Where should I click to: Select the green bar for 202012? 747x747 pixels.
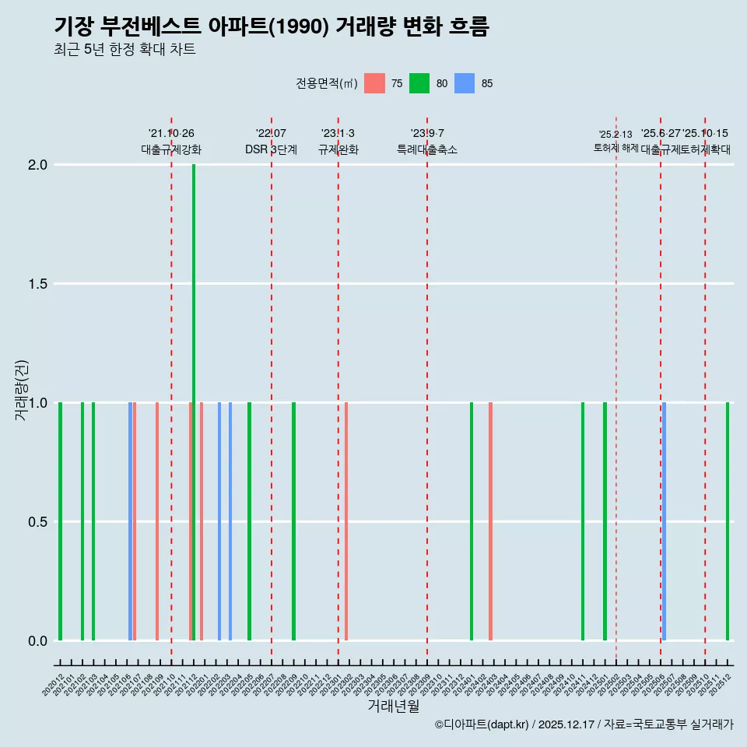click(x=60, y=521)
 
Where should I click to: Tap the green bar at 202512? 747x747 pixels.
click(x=728, y=521)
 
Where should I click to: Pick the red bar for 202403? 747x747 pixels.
click(x=490, y=521)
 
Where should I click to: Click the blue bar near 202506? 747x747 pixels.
click(x=664, y=521)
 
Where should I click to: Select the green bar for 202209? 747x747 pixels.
click(x=293, y=521)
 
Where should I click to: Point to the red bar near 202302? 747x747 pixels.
click(x=346, y=521)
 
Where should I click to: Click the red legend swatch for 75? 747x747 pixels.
click(x=375, y=83)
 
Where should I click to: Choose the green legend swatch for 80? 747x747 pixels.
click(x=419, y=83)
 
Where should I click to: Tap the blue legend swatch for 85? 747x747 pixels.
click(x=465, y=83)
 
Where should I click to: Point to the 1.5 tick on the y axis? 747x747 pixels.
click(x=37, y=284)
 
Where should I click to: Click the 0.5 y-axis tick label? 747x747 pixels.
click(x=37, y=522)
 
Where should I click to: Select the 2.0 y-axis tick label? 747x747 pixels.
click(x=37, y=165)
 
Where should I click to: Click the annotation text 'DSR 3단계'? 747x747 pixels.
click(x=271, y=149)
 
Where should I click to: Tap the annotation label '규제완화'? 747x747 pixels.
click(x=338, y=149)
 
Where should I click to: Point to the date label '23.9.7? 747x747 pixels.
click(x=427, y=134)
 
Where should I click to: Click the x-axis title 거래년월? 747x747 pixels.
click(x=393, y=707)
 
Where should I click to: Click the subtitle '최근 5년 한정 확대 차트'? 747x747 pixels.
click(x=124, y=50)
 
